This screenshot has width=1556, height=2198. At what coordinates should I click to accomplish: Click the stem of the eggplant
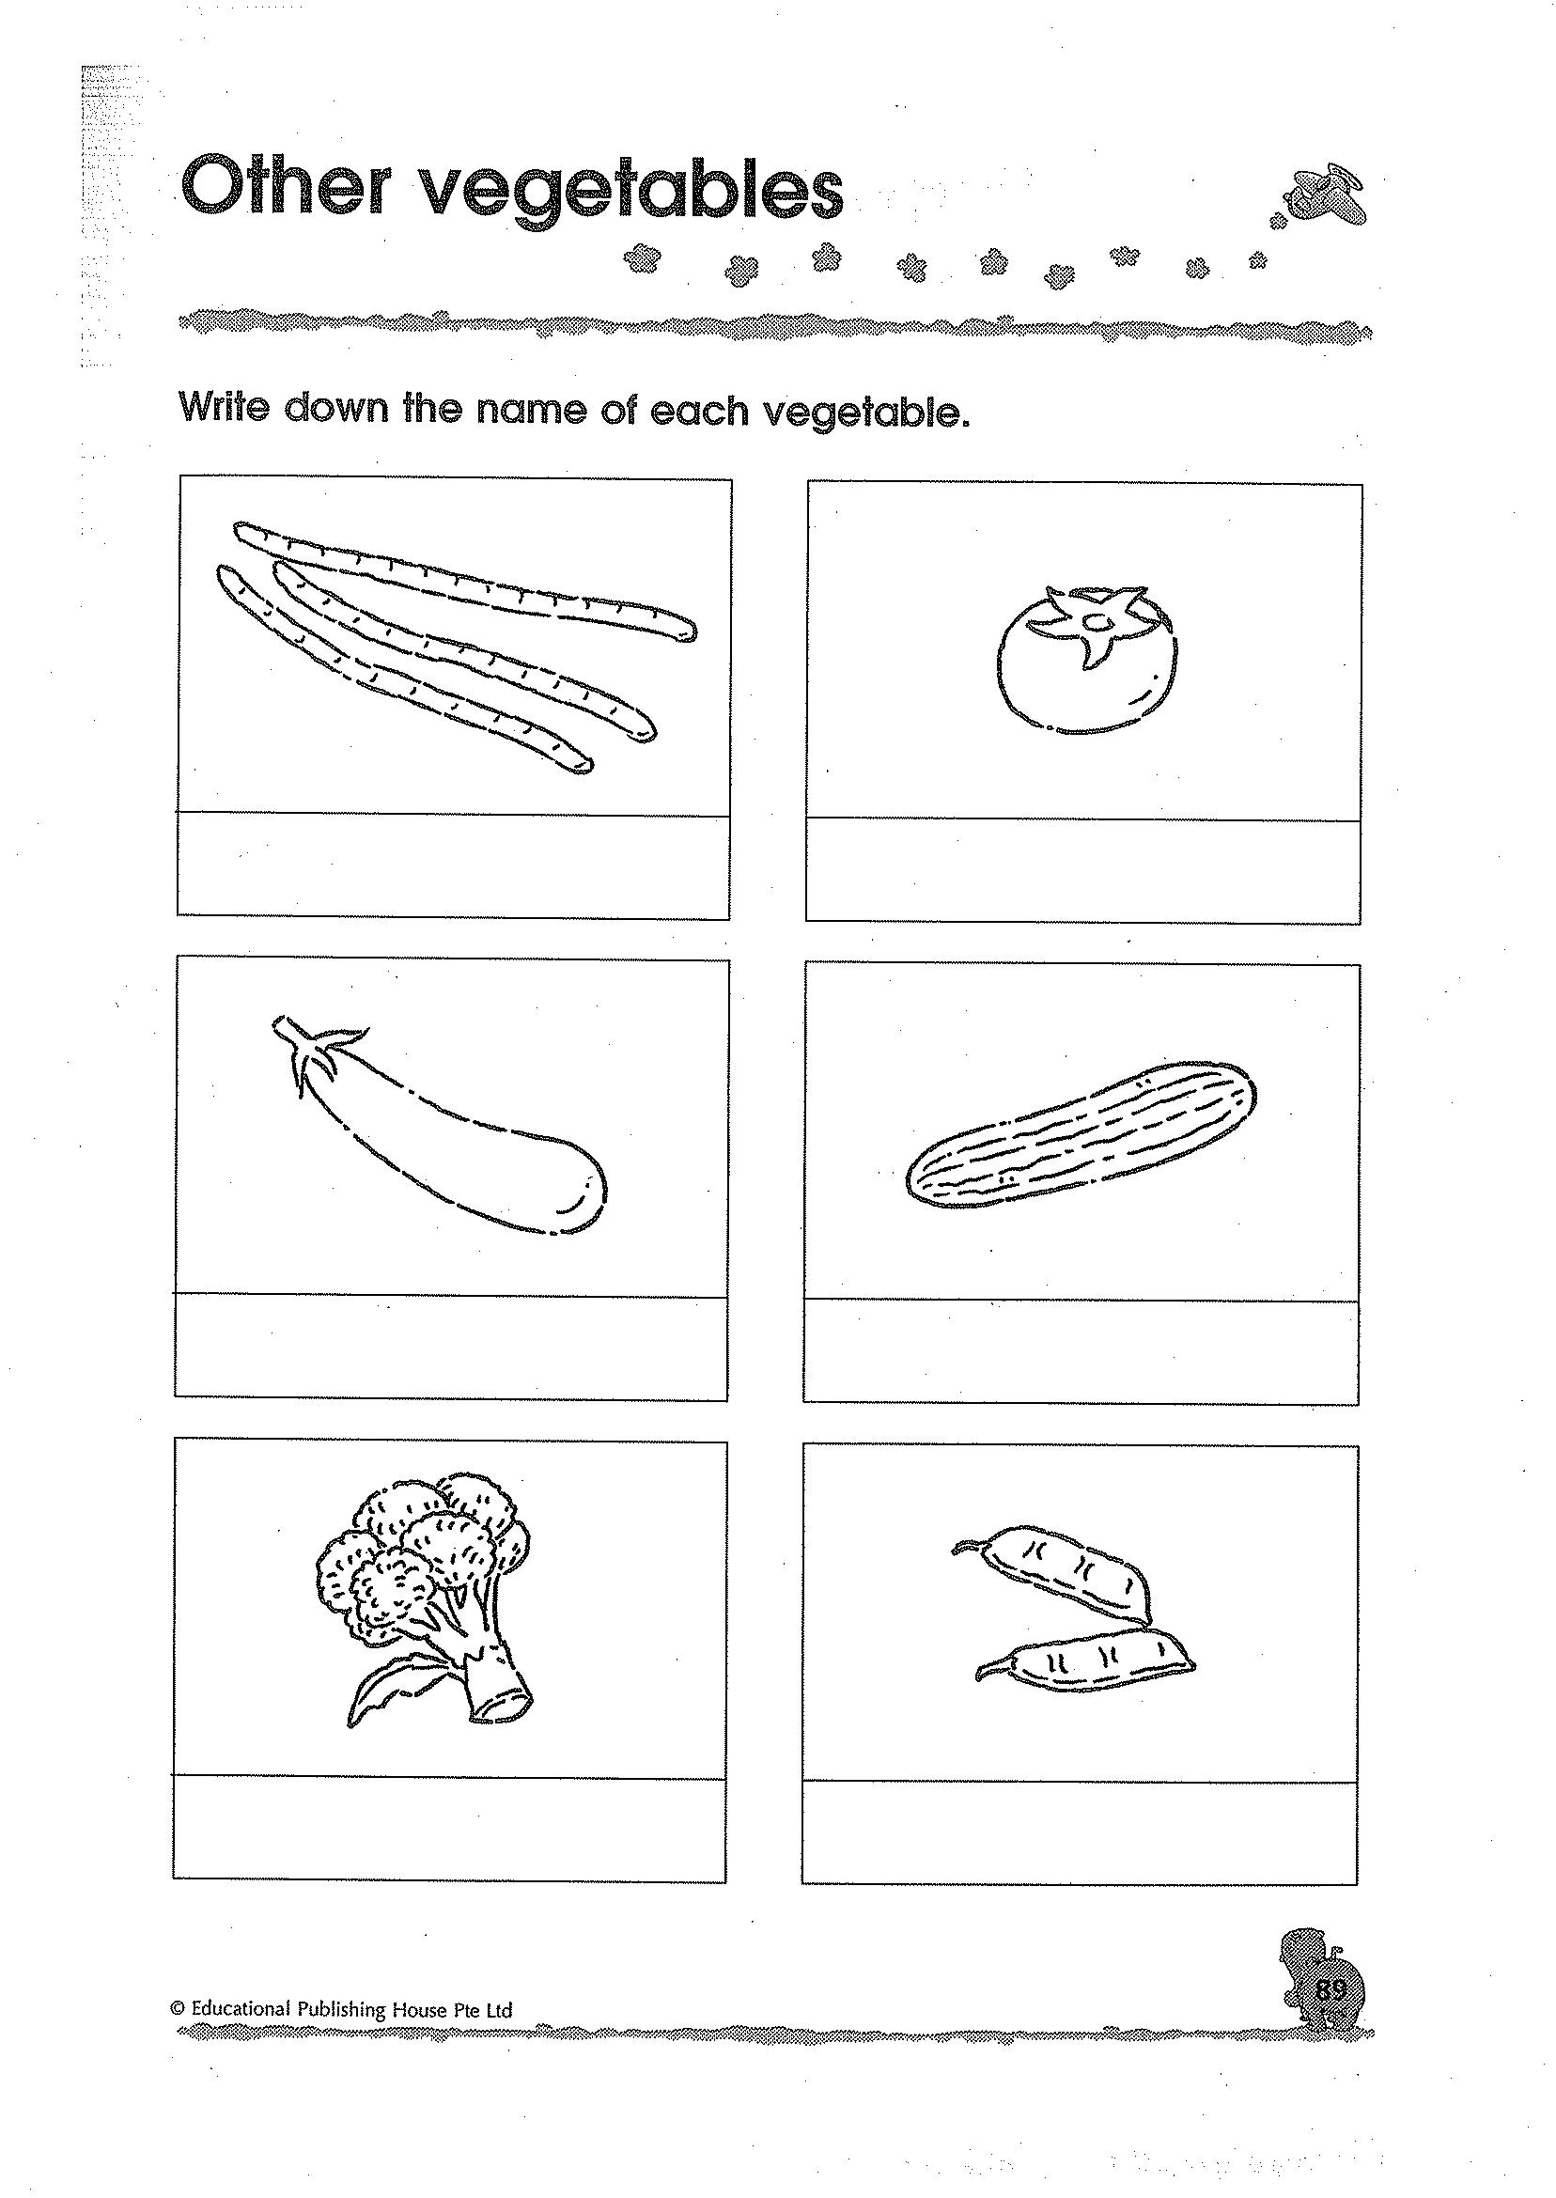click(312, 1050)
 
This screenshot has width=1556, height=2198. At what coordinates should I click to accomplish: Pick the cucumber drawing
click(1081, 1136)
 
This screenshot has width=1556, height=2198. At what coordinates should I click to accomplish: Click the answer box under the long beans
click(453, 865)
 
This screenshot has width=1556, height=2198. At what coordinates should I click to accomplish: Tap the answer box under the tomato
click(1082, 870)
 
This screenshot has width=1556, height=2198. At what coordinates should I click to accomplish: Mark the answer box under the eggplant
click(450, 1347)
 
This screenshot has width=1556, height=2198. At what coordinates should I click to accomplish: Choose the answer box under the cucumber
click(1081, 1352)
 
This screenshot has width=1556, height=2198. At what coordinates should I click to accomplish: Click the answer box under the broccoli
click(448, 1829)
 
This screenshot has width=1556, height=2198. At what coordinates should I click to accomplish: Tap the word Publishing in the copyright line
click(340, 2008)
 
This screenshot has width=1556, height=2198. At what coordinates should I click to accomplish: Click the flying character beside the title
click(1328, 197)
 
